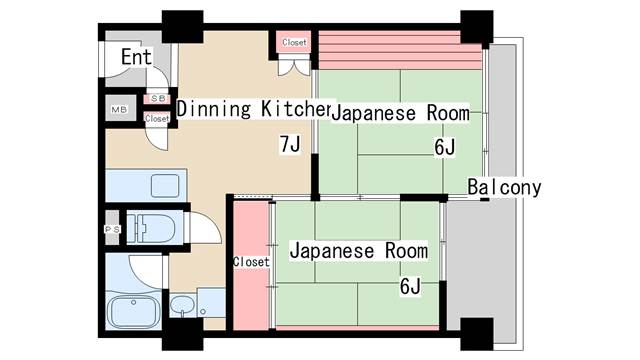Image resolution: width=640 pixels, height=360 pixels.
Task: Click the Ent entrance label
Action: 135,57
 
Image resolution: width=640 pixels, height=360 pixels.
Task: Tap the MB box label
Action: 119,110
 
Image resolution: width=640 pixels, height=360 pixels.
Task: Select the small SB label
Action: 156,99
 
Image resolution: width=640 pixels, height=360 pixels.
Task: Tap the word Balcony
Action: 504,187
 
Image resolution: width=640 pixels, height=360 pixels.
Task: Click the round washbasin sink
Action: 181,304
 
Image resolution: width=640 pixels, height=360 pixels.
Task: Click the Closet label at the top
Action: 294,43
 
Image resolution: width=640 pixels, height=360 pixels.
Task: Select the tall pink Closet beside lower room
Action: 251,263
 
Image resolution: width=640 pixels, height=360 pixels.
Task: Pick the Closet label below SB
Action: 157,119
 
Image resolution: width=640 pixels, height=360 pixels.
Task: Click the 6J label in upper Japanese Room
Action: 445,147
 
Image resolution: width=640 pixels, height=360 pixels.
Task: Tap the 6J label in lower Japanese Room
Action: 410,288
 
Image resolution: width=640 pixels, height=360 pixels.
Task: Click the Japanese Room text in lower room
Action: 357,251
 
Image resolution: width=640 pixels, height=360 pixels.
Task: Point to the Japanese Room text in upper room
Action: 399,113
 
